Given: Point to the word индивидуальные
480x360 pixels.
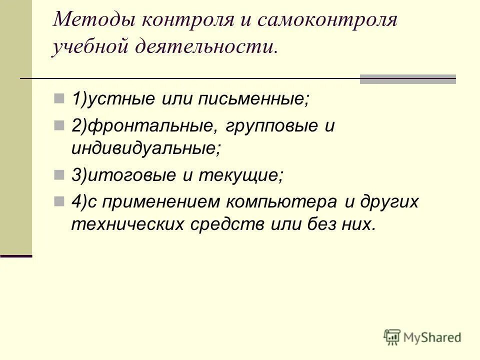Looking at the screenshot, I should click(145, 148).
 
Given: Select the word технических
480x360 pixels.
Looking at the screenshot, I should click(127, 224).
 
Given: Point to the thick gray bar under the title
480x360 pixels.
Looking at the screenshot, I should click(408, 79).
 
